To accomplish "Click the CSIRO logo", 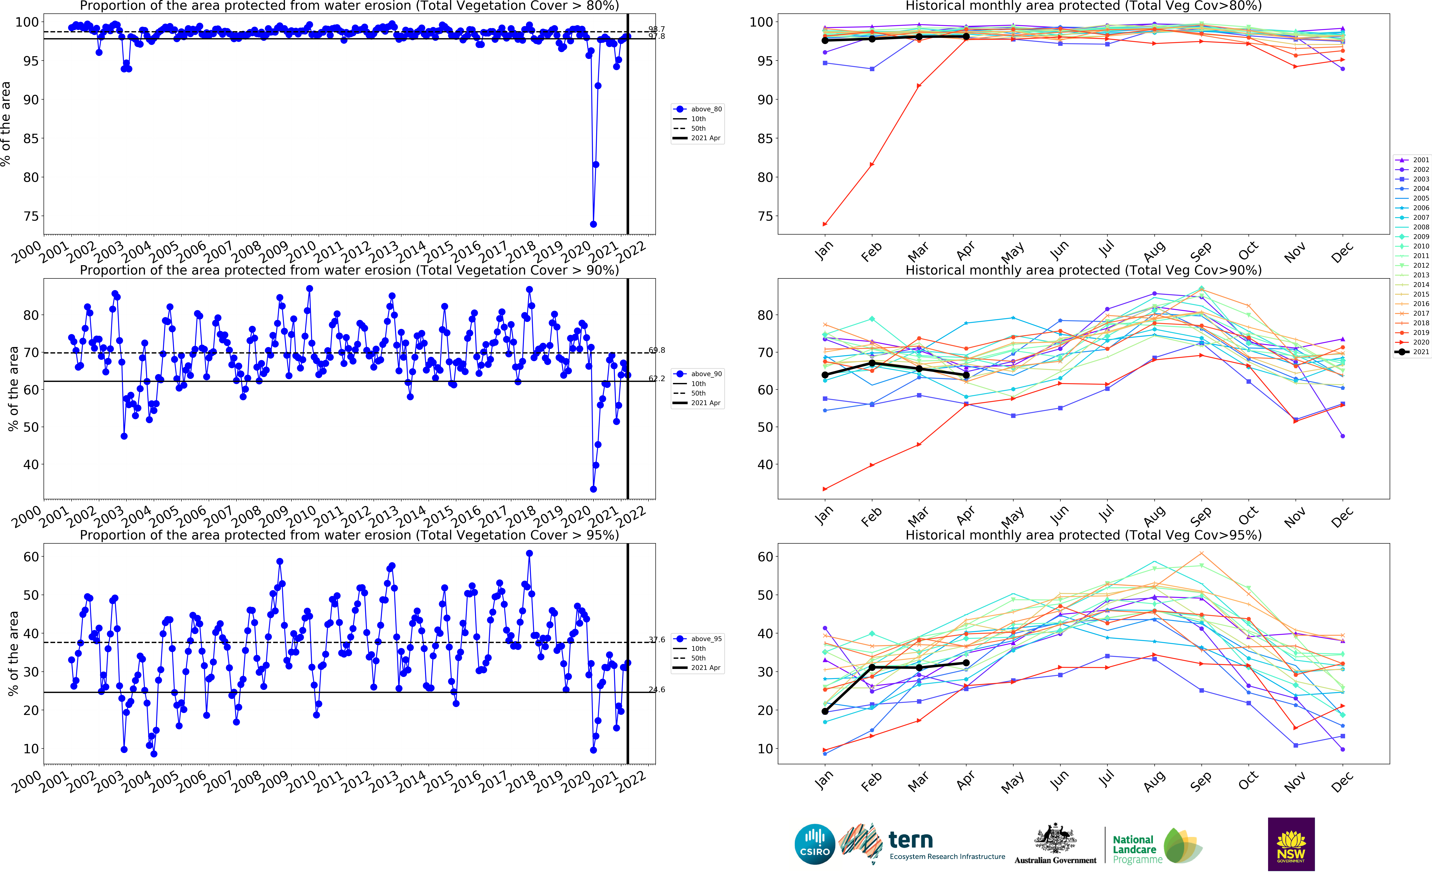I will pos(815,844).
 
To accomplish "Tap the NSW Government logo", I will pos(1291,844).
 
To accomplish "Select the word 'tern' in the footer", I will pos(910,840).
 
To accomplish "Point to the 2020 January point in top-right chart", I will pos(825,224).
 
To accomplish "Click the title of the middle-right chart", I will pos(1083,270).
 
